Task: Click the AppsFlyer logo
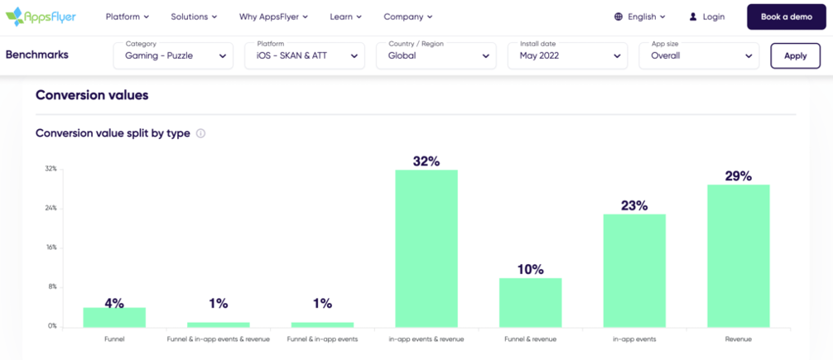click(x=41, y=17)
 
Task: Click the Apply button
click(x=795, y=55)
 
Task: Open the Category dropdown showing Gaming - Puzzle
click(x=173, y=55)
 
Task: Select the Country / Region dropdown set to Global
click(x=436, y=55)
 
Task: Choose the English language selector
click(x=640, y=17)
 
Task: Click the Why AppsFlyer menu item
click(x=273, y=17)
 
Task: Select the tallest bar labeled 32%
click(x=426, y=248)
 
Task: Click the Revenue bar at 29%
click(x=738, y=256)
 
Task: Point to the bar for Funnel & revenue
click(x=530, y=302)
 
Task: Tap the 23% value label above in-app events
click(x=634, y=205)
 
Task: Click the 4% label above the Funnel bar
click(x=114, y=303)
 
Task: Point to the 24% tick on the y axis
click(x=51, y=208)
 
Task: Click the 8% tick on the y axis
click(x=51, y=286)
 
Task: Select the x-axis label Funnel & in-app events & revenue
click(x=219, y=339)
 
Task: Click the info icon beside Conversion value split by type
click(x=200, y=133)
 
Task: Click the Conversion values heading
click(x=92, y=95)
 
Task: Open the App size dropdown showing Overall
click(x=699, y=55)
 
